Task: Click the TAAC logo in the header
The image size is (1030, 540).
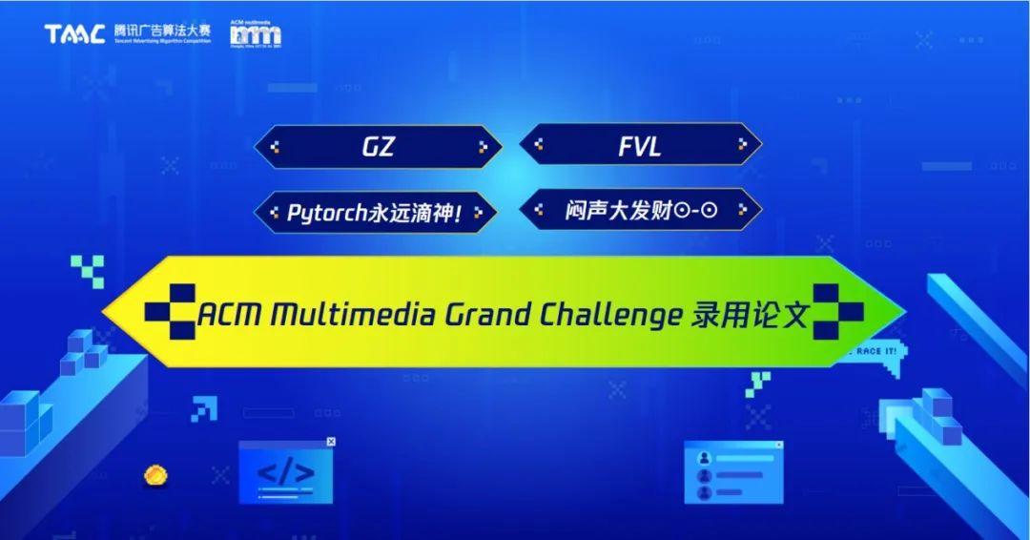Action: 75,34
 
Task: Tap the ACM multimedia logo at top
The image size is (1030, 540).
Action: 256,34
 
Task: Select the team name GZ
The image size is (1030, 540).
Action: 378,146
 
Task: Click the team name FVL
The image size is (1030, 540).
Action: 640,146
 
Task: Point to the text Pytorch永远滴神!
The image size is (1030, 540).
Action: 375,212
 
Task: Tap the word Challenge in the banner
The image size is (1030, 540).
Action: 599,315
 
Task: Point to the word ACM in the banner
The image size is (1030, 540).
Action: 227,315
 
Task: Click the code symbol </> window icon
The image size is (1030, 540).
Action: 285,472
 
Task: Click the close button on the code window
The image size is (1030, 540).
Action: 331,442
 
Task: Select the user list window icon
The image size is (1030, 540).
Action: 732,472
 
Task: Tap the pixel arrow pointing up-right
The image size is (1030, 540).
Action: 203,408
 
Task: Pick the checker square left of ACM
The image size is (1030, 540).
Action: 169,309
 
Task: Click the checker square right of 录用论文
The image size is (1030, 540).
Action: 837,310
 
